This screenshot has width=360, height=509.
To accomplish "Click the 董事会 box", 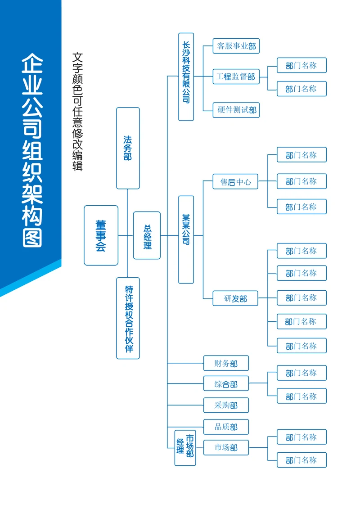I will (101, 235).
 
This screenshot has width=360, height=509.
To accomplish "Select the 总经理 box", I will (147, 235).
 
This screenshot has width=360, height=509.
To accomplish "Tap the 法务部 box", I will (128, 148).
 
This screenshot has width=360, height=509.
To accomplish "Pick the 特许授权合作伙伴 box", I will (128, 318).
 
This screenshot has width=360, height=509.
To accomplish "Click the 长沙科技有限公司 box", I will (186, 77).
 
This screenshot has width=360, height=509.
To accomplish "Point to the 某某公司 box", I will (186, 239).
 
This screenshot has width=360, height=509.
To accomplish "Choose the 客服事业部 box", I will (236, 46).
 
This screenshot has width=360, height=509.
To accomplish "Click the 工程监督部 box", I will (236, 77).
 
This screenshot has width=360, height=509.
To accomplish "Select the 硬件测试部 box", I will (236, 110).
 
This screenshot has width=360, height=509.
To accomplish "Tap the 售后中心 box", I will (235, 182).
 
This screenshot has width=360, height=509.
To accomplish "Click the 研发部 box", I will (235, 298).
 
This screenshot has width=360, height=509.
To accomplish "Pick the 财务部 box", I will (226, 363).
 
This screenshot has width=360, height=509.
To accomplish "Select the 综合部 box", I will (226, 384).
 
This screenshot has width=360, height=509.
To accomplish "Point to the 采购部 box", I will (226, 405).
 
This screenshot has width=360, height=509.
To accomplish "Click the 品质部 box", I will (226, 427).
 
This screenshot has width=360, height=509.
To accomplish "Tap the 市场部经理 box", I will (185, 447).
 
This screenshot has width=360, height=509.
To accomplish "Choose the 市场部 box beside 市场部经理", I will (226, 447).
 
